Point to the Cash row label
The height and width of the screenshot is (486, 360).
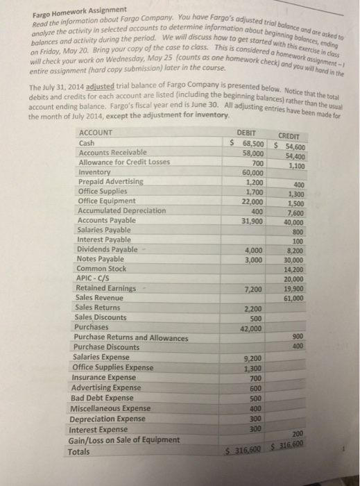[x=89, y=142]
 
